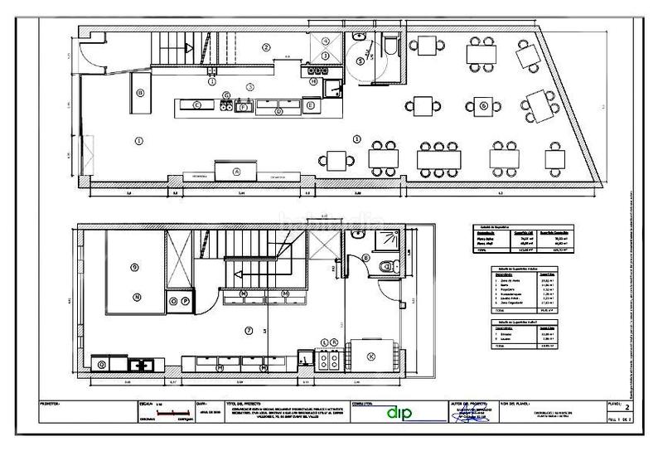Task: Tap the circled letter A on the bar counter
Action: click(x=236, y=172)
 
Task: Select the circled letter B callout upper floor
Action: click(x=365, y=259)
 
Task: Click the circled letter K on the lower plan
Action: click(x=370, y=356)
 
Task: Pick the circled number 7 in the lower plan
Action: click(x=248, y=331)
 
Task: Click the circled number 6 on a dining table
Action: click(x=482, y=105)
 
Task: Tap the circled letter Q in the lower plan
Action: click(x=101, y=363)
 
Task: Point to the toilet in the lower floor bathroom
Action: click(x=384, y=265)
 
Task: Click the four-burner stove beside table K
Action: click(x=330, y=358)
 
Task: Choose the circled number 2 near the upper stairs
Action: click(x=266, y=47)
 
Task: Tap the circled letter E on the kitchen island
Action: click(x=309, y=105)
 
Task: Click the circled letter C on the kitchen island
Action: click(x=197, y=105)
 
